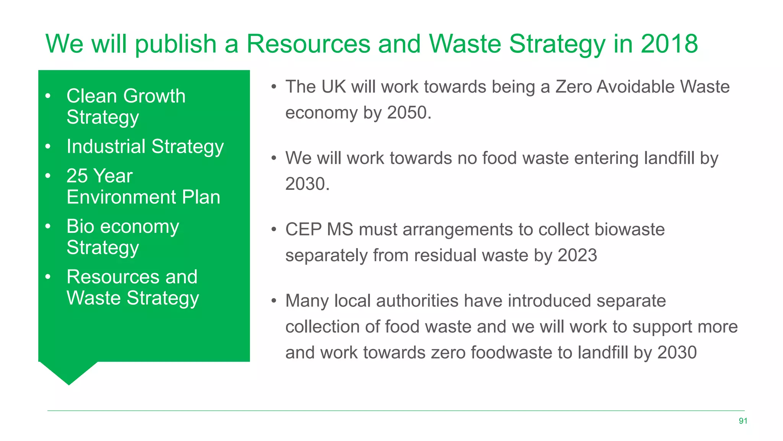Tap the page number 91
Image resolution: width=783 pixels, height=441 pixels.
[743, 421]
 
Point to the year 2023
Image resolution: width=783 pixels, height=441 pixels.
[577, 255]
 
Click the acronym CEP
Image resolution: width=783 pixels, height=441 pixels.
[303, 230]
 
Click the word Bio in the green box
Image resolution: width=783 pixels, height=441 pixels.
[80, 226]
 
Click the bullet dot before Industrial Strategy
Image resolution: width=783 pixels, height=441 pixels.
[48, 147]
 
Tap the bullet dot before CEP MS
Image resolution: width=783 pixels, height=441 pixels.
[274, 230]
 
